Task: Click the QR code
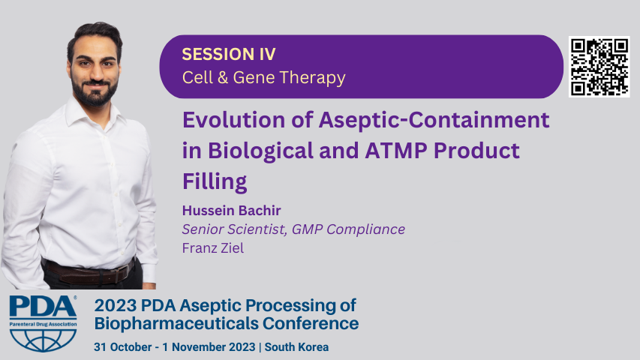(599, 67)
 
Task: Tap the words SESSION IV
(229, 54)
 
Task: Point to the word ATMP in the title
(396, 151)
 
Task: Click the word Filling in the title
(215, 181)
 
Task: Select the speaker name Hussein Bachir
(231, 211)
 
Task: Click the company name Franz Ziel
(213, 248)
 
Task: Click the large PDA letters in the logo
(43, 307)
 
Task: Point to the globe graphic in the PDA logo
(43, 340)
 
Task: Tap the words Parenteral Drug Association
(43, 324)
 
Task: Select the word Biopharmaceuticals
(176, 324)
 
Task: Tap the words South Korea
(296, 347)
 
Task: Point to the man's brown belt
(89, 272)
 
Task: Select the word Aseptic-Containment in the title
(434, 120)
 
